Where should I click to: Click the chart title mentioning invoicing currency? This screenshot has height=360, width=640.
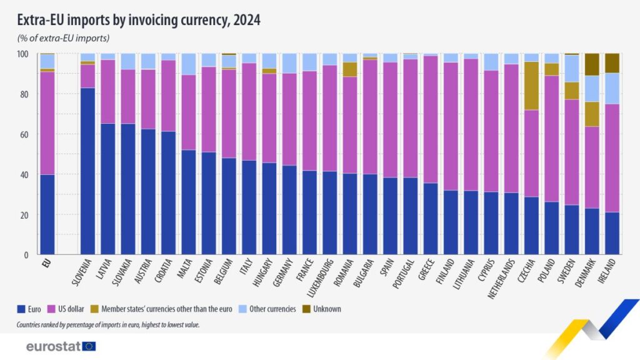[x=139, y=20]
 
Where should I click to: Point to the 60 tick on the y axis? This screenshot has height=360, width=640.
[x=24, y=134]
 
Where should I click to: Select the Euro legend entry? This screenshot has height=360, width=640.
[x=31, y=309]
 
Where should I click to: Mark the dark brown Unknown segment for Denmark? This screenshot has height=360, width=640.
[x=592, y=64]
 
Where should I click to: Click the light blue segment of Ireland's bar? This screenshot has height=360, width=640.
[x=612, y=88]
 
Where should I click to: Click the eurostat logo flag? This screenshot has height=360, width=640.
[x=89, y=346]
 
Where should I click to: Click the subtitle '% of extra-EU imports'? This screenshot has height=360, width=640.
[x=63, y=39]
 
